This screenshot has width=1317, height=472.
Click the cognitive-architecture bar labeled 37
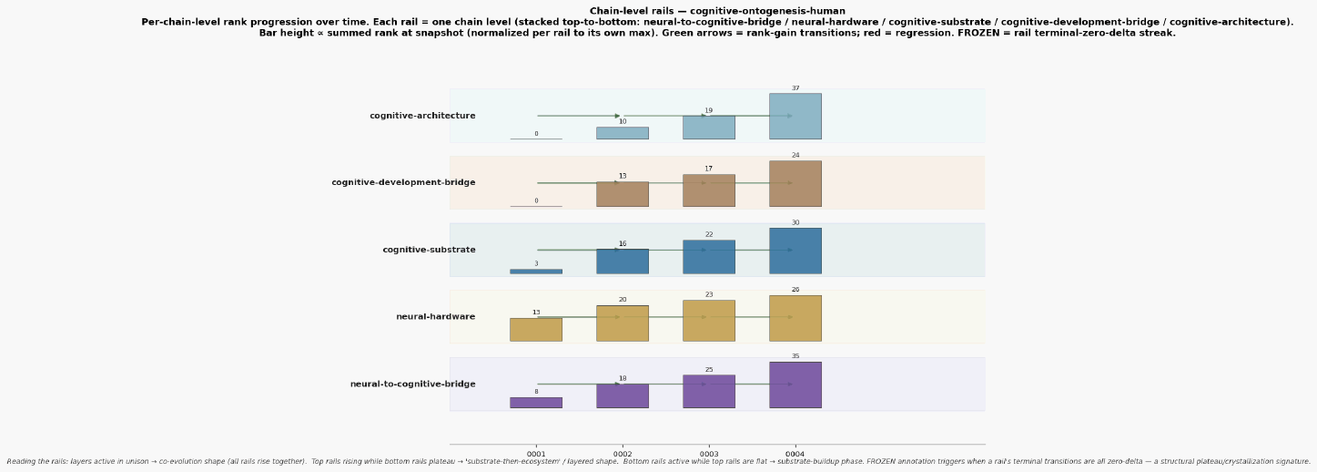click(795, 116)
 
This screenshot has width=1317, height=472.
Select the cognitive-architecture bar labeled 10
click(622, 133)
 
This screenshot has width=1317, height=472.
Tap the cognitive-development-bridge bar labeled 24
click(795, 184)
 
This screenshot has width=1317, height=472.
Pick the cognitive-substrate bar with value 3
click(535, 272)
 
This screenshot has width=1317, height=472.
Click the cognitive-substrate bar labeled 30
click(795, 251)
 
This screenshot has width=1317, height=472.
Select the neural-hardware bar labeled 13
click(535, 330)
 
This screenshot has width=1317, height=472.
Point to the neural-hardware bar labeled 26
click(795, 318)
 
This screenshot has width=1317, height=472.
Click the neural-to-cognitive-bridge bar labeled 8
click(535, 403)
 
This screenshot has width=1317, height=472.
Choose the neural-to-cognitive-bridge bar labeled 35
click(795, 385)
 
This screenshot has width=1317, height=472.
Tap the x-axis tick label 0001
click(535, 455)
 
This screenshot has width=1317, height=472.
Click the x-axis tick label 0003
click(708, 455)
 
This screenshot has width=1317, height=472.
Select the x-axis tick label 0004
click(795, 455)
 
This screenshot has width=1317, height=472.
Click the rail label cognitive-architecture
click(422, 116)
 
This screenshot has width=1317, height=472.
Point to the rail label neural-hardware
click(435, 316)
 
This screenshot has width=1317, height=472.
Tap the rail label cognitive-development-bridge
click(403, 182)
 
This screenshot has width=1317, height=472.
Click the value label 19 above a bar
click(708, 110)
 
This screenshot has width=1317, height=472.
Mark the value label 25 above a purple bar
click(708, 370)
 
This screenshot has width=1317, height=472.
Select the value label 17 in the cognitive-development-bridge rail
click(708, 169)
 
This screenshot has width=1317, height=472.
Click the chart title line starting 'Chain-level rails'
click(717, 11)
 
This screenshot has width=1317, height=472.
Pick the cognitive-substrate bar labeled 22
click(708, 257)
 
